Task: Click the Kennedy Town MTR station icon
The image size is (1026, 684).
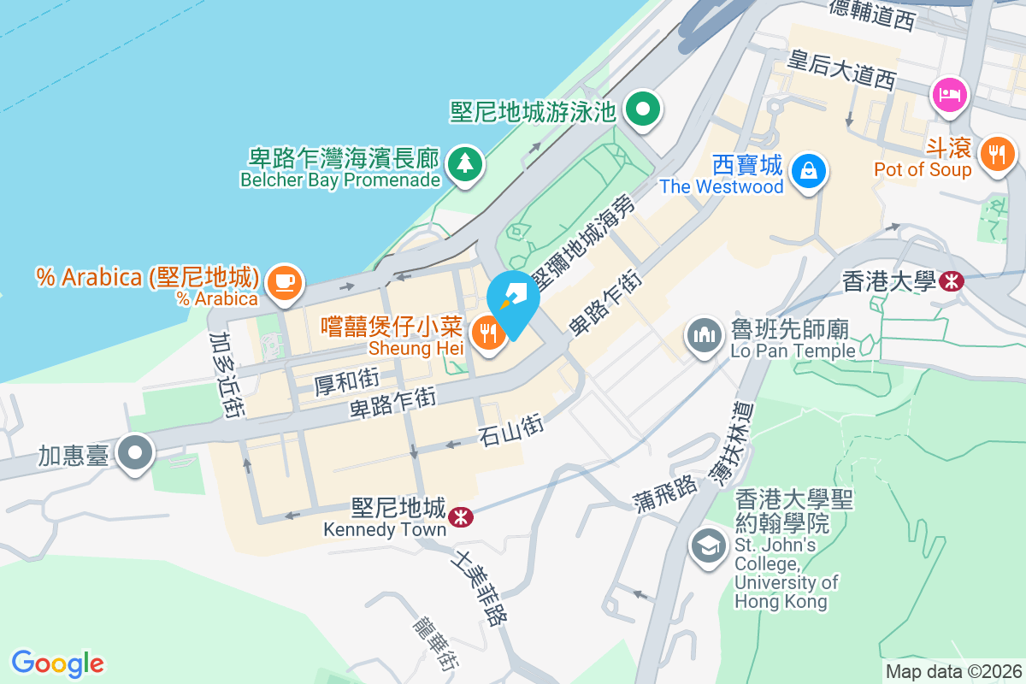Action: coord(460,516)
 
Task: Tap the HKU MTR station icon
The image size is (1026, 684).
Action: coord(950,280)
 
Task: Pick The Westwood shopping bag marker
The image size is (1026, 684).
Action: coord(807,169)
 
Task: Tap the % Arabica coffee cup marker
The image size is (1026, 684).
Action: coord(284,281)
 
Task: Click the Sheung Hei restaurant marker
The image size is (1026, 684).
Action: coord(488,332)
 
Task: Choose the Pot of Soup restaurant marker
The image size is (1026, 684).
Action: coord(997,154)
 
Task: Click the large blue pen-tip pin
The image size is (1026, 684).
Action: coord(513,299)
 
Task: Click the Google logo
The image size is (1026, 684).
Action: coord(58,663)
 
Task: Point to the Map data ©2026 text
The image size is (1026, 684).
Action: coord(952,671)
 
